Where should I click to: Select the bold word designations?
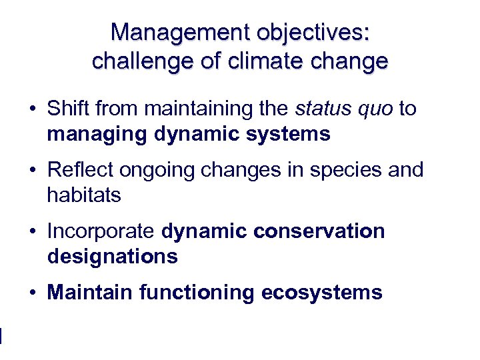(x=112, y=257)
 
